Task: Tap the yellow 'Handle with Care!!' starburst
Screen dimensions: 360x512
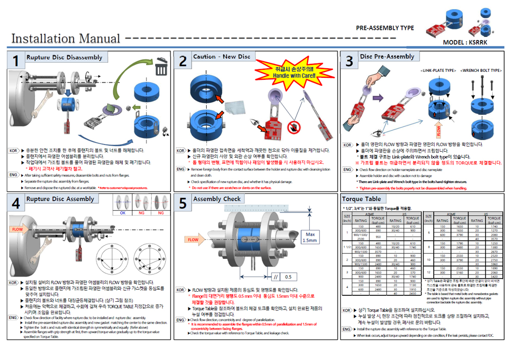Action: (288, 72)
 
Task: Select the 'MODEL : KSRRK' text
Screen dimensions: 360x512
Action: (465, 43)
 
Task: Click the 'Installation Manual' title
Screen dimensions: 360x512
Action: (66, 38)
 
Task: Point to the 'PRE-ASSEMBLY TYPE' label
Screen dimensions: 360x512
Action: (385, 28)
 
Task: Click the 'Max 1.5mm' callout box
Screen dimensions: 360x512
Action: (309, 237)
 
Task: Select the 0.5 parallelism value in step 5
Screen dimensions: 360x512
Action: (288, 277)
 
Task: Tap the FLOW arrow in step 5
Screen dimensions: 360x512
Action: (194, 240)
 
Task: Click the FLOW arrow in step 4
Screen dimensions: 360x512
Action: (17, 229)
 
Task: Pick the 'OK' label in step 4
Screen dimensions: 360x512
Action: (122, 213)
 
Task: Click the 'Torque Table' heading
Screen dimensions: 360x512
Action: (362, 199)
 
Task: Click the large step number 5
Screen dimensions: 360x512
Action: (182, 203)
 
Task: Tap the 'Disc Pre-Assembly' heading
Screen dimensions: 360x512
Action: (387, 57)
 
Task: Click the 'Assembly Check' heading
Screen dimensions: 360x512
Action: (217, 199)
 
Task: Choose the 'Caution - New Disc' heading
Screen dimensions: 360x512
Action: (221, 57)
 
